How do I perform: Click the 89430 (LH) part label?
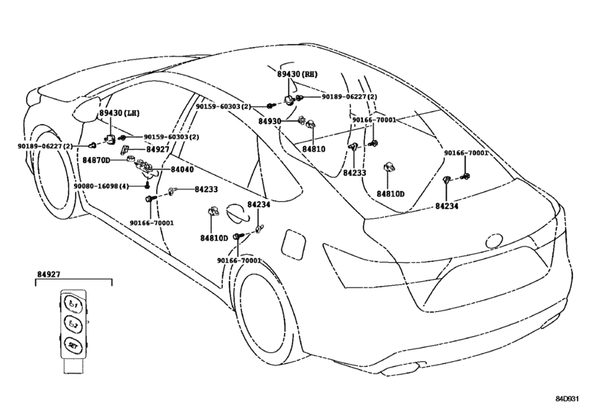tap(119, 113)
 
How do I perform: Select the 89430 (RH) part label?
tap(297, 74)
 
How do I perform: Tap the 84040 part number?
tap(182, 170)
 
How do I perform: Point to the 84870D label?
tap(96, 160)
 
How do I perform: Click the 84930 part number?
tap(270, 121)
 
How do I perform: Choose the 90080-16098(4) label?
tap(101, 186)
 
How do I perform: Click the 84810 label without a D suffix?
tap(314, 149)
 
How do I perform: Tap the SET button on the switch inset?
tap(73, 346)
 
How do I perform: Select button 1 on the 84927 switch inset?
tap(73, 304)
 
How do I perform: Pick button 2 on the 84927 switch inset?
tap(73, 324)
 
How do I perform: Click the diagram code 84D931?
tap(567, 399)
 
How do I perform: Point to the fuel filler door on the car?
tap(293, 246)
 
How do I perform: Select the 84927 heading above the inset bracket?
tap(48, 274)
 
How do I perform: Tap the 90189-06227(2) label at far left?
tap(45, 146)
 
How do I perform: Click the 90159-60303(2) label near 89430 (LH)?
tap(171, 137)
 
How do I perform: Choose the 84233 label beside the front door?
tap(206, 189)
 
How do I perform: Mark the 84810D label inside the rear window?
tap(390, 194)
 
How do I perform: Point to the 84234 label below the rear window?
tap(447, 206)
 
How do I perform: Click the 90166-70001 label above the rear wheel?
tap(239, 261)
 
